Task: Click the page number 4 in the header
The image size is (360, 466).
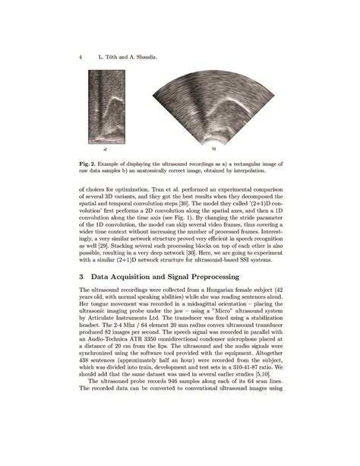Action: tap(81, 57)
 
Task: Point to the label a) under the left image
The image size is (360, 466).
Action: tap(105, 150)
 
